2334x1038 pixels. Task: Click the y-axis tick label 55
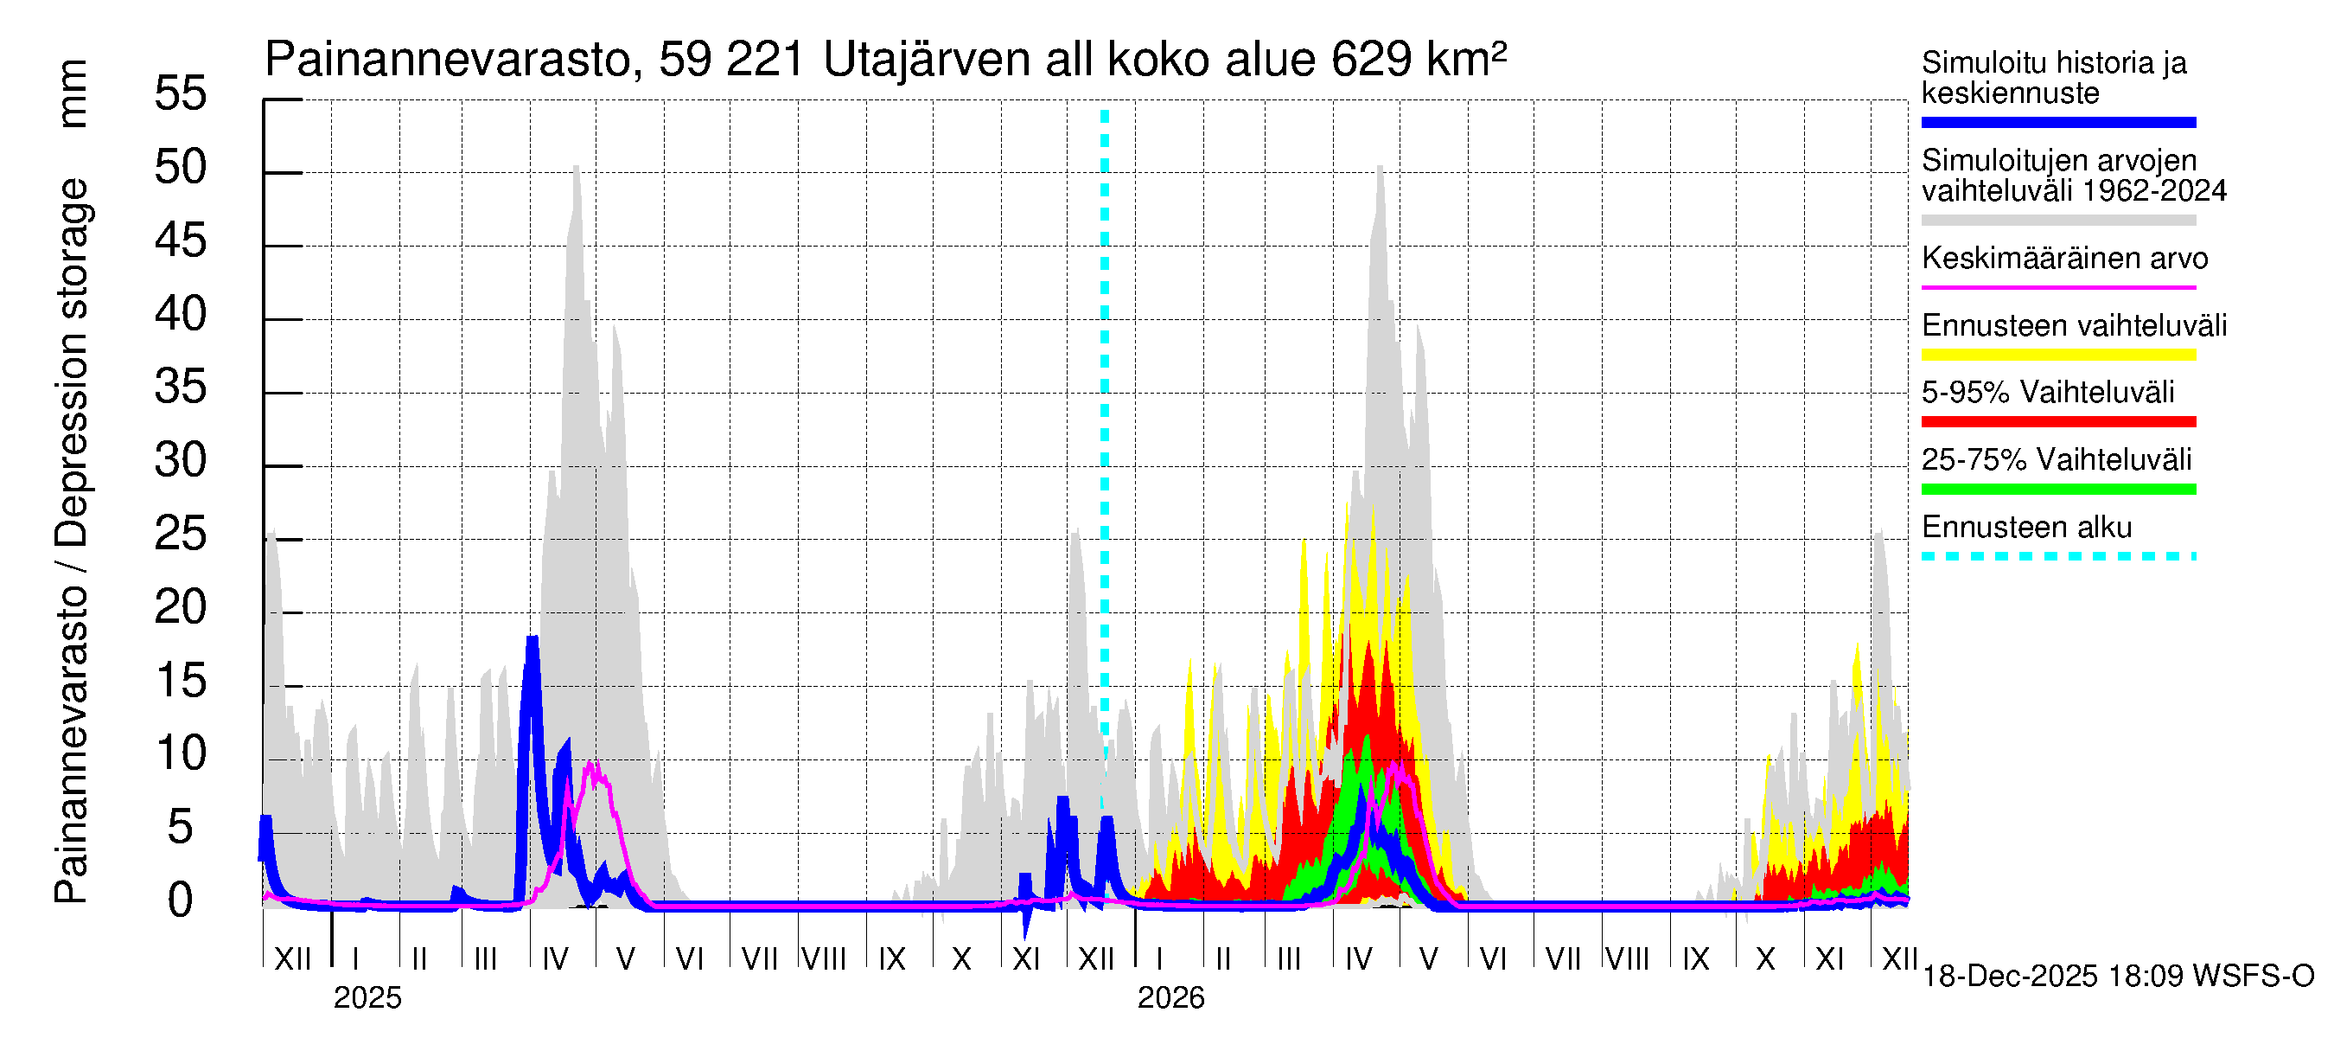point(181,94)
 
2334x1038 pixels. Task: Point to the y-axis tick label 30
point(181,461)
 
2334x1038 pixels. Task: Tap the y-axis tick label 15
point(181,682)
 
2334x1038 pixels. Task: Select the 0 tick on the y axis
point(181,901)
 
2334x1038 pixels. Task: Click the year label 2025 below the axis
point(367,998)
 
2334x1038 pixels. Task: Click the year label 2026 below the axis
point(1170,998)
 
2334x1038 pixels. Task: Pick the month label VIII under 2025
point(824,959)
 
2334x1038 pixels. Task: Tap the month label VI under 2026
point(1492,959)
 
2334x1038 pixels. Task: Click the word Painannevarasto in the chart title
point(448,61)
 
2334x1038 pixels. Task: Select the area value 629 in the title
point(1371,61)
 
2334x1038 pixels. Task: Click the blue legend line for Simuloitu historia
point(2057,122)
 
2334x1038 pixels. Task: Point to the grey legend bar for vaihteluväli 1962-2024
point(2057,221)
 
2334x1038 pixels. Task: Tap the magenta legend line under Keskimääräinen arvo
point(2057,287)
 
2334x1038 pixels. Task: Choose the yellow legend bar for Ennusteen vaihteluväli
point(2057,355)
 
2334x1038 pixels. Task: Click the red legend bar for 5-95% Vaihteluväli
point(2057,421)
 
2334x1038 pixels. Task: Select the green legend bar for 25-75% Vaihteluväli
point(2057,490)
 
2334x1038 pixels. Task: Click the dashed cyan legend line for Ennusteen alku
point(2057,556)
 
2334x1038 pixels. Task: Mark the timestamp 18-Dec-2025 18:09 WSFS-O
point(2117,977)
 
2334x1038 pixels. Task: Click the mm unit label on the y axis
point(73,94)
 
